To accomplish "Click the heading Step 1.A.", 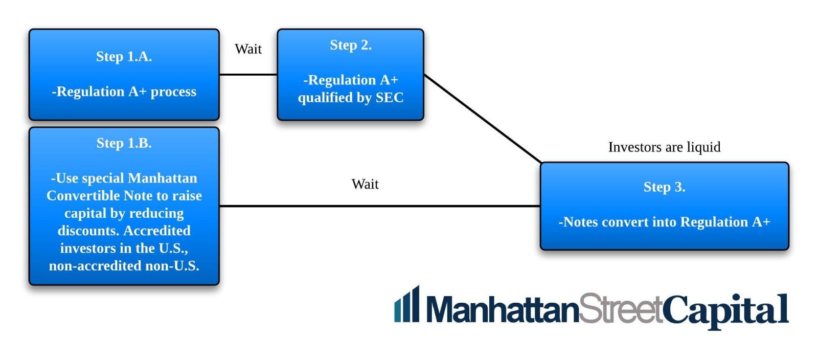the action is click(x=124, y=57).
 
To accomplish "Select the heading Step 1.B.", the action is click(x=124, y=143).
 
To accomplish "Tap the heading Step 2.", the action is click(x=351, y=45).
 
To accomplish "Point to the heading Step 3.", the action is click(x=664, y=187).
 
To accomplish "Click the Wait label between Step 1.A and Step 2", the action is click(x=248, y=49).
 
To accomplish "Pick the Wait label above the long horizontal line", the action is click(x=365, y=184).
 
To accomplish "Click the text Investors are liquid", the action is click(x=664, y=147).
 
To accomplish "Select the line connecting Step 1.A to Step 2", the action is click(x=248, y=75).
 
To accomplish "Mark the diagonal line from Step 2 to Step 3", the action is click(x=483, y=119).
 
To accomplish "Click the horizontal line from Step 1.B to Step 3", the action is click(x=380, y=206).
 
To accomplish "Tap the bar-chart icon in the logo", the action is click(x=406, y=304).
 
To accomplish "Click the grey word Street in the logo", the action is click(x=621, y=308).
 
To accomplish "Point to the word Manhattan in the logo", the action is click(x=503, y=309).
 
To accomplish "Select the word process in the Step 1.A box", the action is click(x=173, y=92).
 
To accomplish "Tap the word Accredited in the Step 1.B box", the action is click(x=157, y=231).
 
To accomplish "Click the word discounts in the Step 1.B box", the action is click(x=89, y=231).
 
